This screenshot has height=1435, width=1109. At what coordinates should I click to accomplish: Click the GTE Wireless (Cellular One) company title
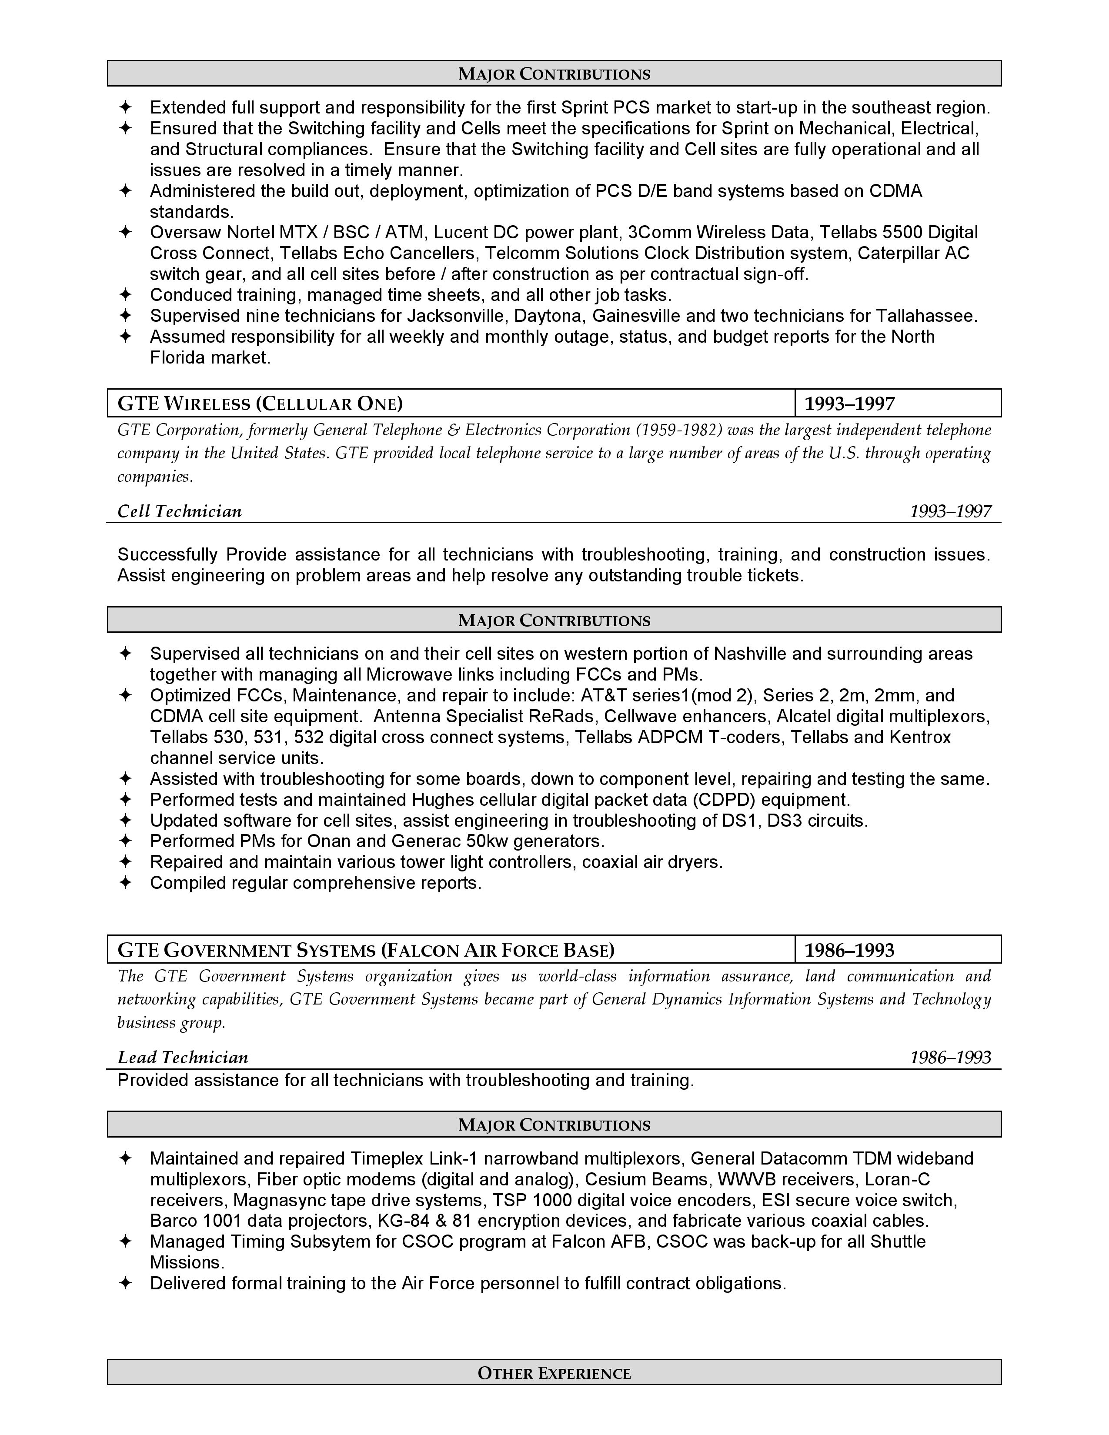point(260,404)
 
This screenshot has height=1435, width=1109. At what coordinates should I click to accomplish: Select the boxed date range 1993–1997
point(849,404)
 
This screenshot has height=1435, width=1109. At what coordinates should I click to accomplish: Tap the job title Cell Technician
point(179,511)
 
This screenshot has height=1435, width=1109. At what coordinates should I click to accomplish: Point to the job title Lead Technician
point(183,1057)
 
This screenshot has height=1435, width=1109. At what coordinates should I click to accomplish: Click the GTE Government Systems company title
point(366,950)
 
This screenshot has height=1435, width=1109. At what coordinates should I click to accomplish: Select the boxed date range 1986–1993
point(849,950)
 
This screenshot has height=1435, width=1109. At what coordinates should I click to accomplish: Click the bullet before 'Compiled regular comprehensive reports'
point(125,882)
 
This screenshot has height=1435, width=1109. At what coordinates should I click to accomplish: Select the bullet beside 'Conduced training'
point(125,295)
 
